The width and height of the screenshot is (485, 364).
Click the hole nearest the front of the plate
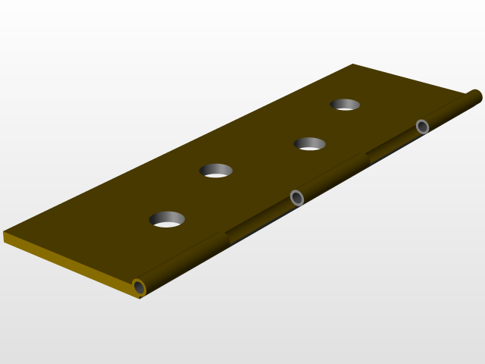coord(167,219)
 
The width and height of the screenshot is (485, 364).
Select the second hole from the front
coord(216,171)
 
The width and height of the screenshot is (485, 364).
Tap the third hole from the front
coord(309,143)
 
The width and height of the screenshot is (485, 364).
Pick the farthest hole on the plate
coord(345,105)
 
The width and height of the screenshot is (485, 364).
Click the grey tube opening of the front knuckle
coord(139,287)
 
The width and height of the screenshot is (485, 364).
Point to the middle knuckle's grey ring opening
coord(297,198)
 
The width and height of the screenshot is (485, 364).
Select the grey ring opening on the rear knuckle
coord(423,127)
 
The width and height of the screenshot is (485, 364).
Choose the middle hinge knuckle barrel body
coord(333,177)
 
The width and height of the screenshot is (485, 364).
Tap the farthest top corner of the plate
coord(353,65)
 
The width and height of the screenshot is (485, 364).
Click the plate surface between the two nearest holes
coord(191,196)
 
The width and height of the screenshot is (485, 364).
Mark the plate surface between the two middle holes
coord(261,158)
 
